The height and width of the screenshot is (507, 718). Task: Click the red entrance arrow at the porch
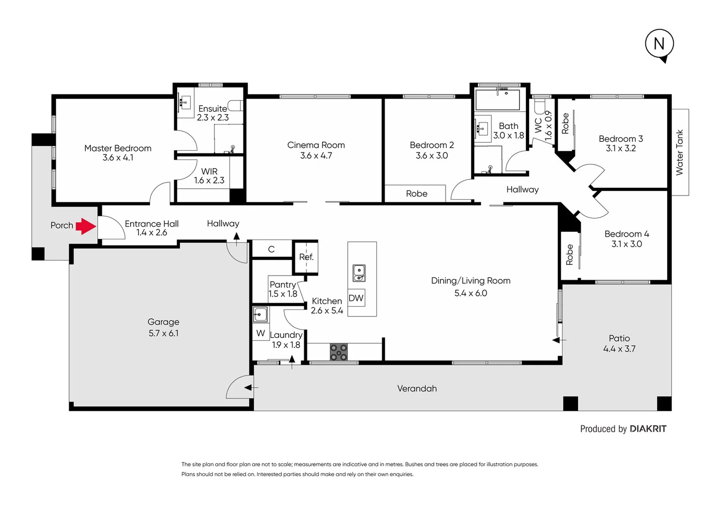(x=86, y=226)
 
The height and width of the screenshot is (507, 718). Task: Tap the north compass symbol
(x=659, y=44)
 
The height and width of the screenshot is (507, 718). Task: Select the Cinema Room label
(x=316, y=145)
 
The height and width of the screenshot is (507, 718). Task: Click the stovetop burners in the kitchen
(x=338, y=352)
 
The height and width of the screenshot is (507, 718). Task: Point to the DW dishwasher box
(x=356, y=298)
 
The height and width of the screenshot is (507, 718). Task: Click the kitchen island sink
(x=359, y=273)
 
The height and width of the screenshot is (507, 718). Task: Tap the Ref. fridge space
(x=306, y=257)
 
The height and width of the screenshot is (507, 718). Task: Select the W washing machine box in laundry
(x=261, y=333)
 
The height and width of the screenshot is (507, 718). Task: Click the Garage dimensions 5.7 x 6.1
(x=164, y=333)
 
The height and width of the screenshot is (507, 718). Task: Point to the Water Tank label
(x=679, y=153)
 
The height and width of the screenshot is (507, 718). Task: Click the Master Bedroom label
(x=117, y=148)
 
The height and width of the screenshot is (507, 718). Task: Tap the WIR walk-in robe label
(x=209, y=171)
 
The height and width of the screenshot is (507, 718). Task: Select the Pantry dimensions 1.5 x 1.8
(x=283, y=294)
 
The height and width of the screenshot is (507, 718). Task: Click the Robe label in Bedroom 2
(x=416, y=193)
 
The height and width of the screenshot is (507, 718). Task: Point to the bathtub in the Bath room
(x=498, y=100)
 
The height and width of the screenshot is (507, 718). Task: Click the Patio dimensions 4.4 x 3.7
(x=619, y=349)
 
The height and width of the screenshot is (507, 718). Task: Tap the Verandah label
(x=417, y=389)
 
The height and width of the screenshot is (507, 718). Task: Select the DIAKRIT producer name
(x=648, y=429)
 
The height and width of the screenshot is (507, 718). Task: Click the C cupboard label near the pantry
(x=271, y=249)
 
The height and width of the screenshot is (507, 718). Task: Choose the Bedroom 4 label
(x=626, y=234)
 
